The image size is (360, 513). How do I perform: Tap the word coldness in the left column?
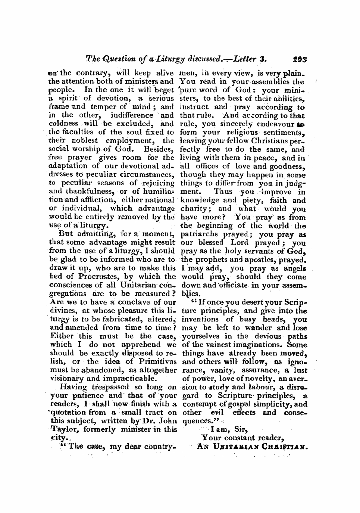pyautogui.click(x=62, y=124)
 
